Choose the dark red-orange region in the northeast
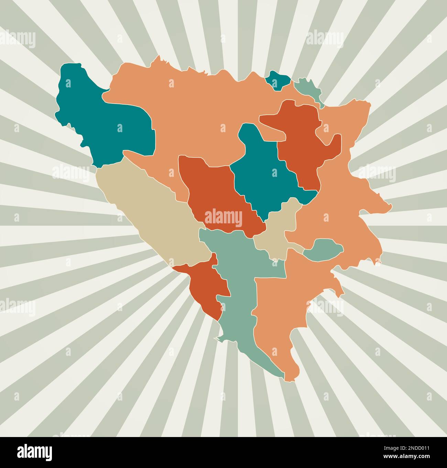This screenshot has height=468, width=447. click(x=303, y=138)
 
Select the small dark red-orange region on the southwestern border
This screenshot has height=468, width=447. click(x=206, y=286)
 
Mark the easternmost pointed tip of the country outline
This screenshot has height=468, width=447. click(x=391, y=206)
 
